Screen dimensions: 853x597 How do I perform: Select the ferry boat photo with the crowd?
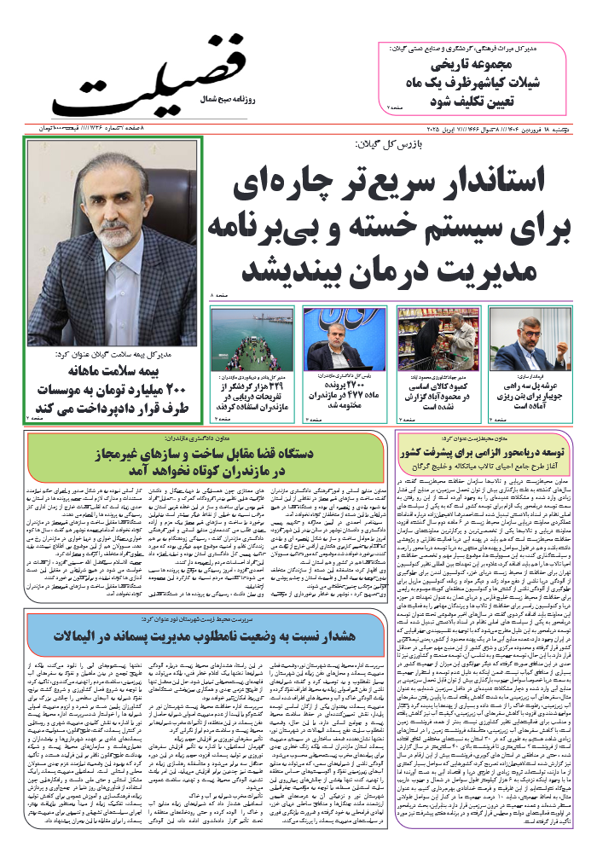[252, 338]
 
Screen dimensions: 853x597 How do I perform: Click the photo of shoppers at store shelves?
[438, 338]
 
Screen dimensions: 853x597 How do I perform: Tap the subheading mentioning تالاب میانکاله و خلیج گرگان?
[490, 463]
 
